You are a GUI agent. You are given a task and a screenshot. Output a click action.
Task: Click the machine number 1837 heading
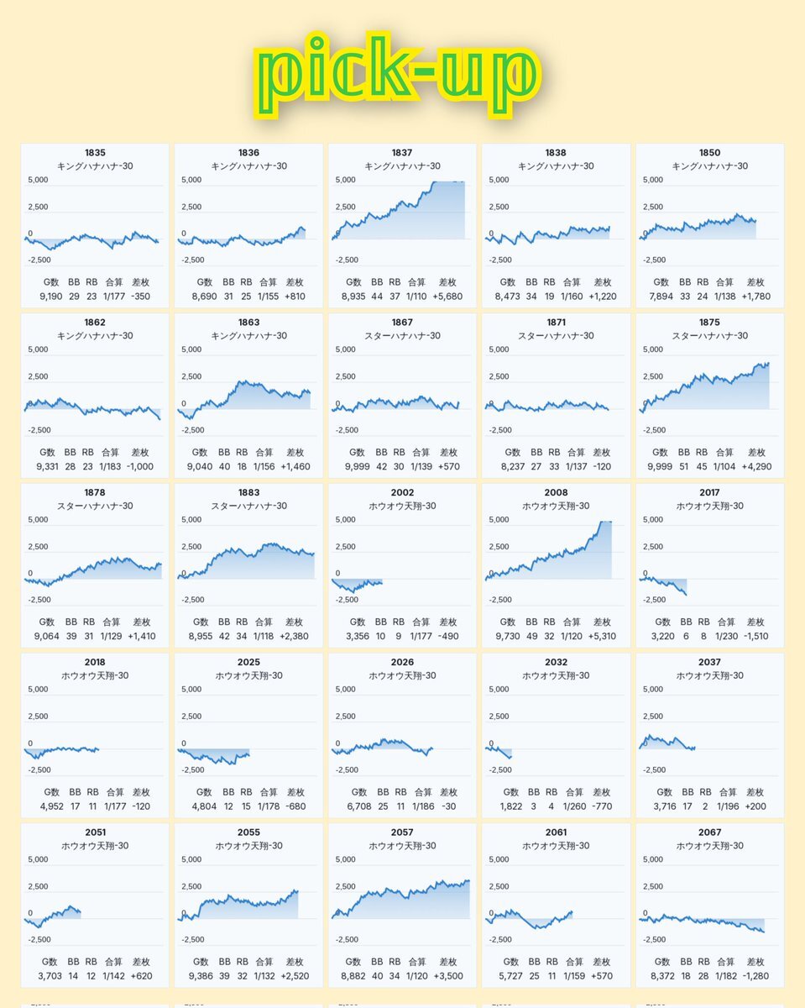click(402, 153)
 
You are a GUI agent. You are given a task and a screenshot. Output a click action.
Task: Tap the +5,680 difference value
click(448, 297)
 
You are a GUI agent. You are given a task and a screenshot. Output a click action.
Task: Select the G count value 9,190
click(53, 297)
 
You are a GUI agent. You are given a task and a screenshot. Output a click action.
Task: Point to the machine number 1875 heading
click(709, 323)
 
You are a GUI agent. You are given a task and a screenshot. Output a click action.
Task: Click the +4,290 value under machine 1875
click(755, 466)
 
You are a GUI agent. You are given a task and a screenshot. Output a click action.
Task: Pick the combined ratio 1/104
click(725, 466)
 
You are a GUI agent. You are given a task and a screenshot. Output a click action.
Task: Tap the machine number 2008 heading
click(556, 492)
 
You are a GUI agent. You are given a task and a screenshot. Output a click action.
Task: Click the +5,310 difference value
click(600, 636)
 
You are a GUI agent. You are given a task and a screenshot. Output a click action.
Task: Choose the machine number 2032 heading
click(556, 662)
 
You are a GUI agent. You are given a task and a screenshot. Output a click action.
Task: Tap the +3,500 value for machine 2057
click(448, 976)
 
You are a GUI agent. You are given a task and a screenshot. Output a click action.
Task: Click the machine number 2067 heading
click(709, 832)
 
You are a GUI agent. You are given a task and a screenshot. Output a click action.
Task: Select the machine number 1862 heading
click(95, 323)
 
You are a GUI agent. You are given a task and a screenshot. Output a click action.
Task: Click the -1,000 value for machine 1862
click(139, 466)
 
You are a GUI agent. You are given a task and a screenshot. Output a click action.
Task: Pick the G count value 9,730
click(514, 636)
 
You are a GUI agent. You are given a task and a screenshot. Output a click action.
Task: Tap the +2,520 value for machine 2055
click(295, 976)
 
